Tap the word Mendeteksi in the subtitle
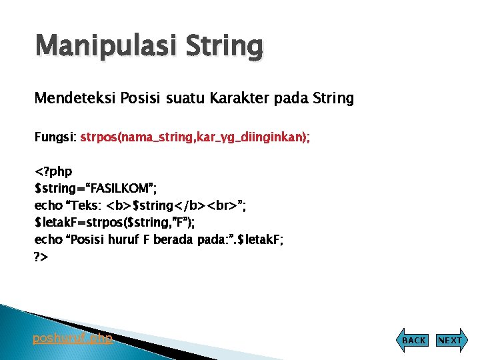tap(75, 99)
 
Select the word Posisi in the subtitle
tap(142, 99)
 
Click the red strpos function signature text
tap(195, 137)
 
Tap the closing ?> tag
tap(41, 256)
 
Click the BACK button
tap(413, 340)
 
